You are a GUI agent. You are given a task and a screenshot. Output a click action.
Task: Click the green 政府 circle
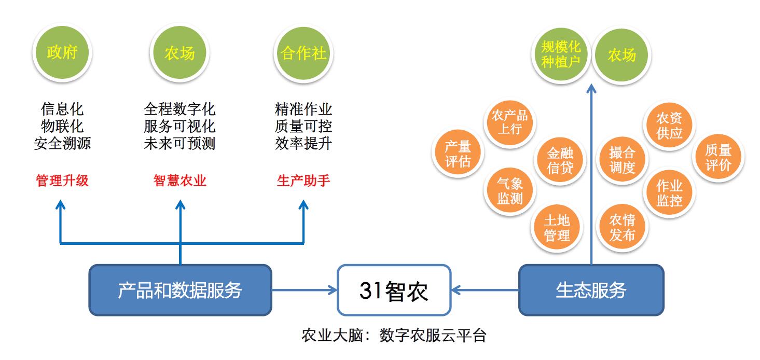coord(62,53)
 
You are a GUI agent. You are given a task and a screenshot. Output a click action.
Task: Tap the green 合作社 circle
coord(303,53)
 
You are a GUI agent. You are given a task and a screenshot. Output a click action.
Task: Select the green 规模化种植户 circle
coord(561,55)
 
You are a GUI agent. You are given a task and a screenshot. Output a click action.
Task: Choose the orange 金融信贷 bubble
coord(560,160)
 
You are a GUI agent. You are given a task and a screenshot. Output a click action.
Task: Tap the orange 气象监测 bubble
coord(510,190)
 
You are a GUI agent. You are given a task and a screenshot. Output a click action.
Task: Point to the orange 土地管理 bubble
coord(557,228)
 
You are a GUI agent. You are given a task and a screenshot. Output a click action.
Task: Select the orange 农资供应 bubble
coord(669,125)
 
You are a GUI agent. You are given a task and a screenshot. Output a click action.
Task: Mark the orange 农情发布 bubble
coord(622,228)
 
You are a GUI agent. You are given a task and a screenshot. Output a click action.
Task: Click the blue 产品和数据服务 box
coord(180,290)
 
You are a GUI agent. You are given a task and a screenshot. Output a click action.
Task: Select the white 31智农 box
coord(394,290)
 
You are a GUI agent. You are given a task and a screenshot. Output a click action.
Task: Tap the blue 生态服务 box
coord(591,290)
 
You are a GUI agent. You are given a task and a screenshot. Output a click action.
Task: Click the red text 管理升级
coord(62,181)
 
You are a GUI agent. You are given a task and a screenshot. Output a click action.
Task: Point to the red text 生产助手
coord(303,181)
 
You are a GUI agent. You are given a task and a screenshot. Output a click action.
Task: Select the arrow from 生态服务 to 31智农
coord(485,290)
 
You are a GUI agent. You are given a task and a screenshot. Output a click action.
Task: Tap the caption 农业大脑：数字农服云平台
coord(394,335)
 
